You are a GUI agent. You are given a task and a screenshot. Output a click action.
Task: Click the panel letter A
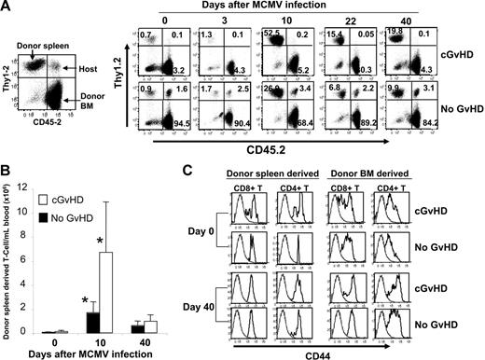[x=7, y=7]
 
